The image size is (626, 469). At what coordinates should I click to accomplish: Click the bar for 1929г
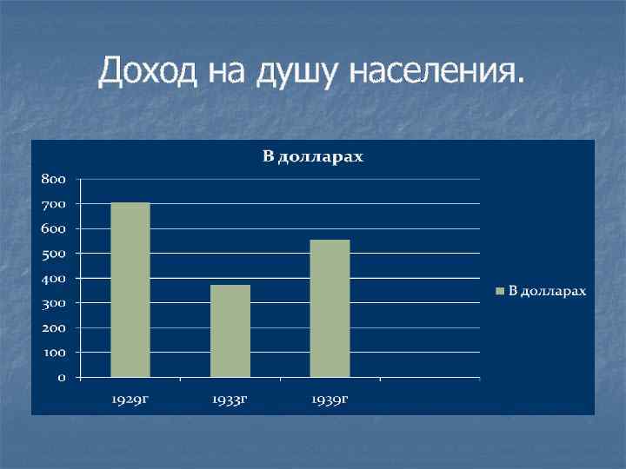click(x=130, y=290)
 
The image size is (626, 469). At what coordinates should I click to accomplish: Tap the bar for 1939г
click(x=330, y=308)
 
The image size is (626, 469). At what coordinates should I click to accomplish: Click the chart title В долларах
click(x=313, y=157)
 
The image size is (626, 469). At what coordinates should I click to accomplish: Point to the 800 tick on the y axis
click(x=51, y=179)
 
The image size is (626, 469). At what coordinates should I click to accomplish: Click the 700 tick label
click(x=51, y=204)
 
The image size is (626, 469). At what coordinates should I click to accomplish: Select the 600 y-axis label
click(x=51, y=228)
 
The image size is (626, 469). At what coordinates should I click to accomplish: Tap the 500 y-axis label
click(x=51, y=254)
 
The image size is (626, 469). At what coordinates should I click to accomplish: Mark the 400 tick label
click(x=51, y=279)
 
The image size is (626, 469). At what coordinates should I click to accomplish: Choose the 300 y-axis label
click(x=51, y=303)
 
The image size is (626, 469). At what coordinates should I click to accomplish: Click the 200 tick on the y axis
click(x=51, y=328)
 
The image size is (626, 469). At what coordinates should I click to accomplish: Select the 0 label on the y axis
click(x=62, y=379)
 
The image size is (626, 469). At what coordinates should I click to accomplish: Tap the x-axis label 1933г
click(x=230, y=400)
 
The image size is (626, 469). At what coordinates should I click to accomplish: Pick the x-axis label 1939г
click(x=330, y=400)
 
